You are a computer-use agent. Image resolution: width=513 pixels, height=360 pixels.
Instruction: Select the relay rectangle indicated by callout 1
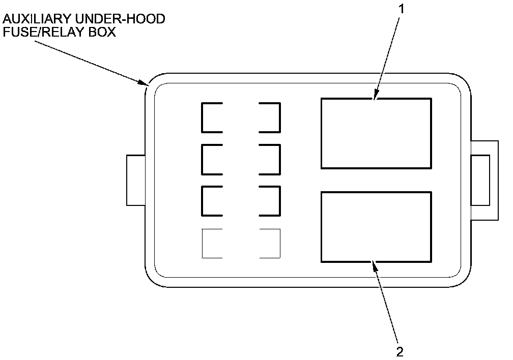(376, 133)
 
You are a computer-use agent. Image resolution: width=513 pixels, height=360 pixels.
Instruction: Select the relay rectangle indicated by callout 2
(376, 227)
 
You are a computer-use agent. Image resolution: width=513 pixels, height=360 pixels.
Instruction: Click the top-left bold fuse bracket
(212, 117)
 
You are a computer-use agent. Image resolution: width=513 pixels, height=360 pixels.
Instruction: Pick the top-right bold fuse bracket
(270, 117)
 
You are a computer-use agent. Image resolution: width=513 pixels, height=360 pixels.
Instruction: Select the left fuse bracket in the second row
(212, 159)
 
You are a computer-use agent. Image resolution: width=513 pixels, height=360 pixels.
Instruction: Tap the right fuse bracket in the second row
(270, 159)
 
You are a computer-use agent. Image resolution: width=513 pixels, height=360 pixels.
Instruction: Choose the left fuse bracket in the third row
(212, 201)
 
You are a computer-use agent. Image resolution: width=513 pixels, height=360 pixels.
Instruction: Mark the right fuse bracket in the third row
(270, 201)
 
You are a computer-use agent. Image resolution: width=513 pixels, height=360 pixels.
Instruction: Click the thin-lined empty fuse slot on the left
(212, 244)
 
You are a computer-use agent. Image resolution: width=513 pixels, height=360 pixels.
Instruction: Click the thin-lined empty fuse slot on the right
(270, 244)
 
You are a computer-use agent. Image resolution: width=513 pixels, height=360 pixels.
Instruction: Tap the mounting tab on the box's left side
(135, 181)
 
